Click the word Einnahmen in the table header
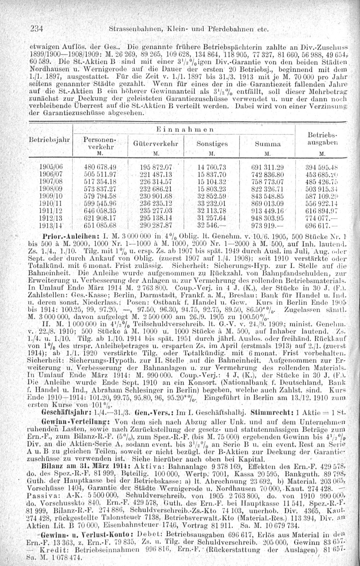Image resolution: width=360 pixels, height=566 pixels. (184, 129)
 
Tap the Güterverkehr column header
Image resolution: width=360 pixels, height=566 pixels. (156, 143)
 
